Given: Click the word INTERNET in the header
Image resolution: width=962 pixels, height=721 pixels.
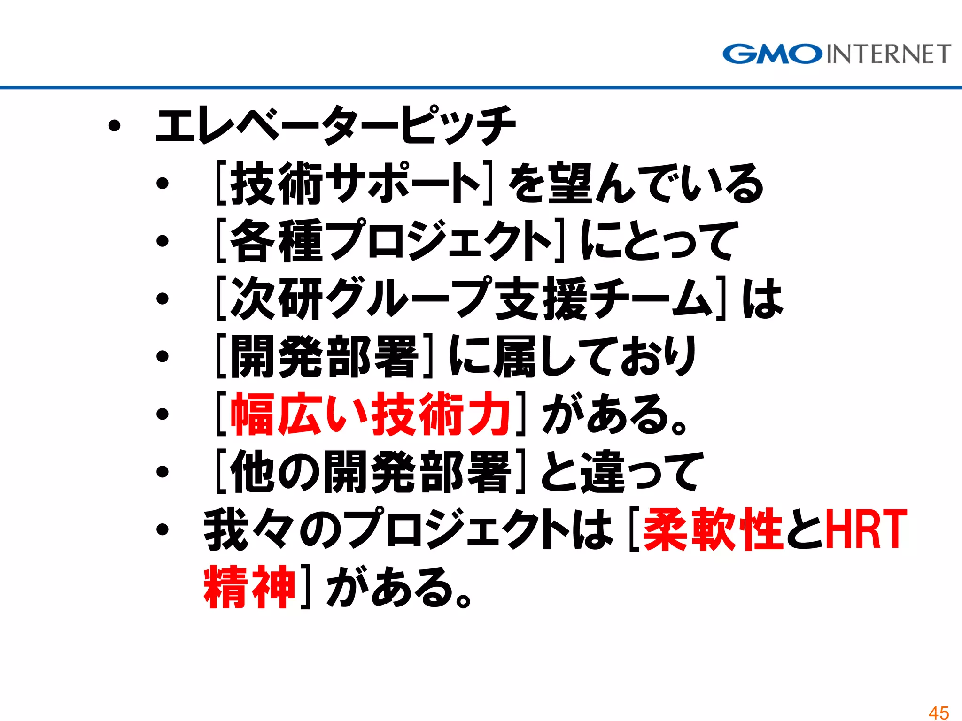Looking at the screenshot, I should coord(888,54).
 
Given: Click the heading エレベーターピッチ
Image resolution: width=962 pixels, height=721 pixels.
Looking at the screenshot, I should coord(335,125).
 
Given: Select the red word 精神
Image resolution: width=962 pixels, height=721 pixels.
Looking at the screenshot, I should coord(249,587).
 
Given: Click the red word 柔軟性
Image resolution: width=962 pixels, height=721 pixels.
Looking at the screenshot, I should coord(712,529).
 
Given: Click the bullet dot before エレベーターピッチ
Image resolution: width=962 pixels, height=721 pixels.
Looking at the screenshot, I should coord(114,126).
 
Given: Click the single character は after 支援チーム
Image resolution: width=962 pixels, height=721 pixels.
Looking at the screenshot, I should coord(762,299).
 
